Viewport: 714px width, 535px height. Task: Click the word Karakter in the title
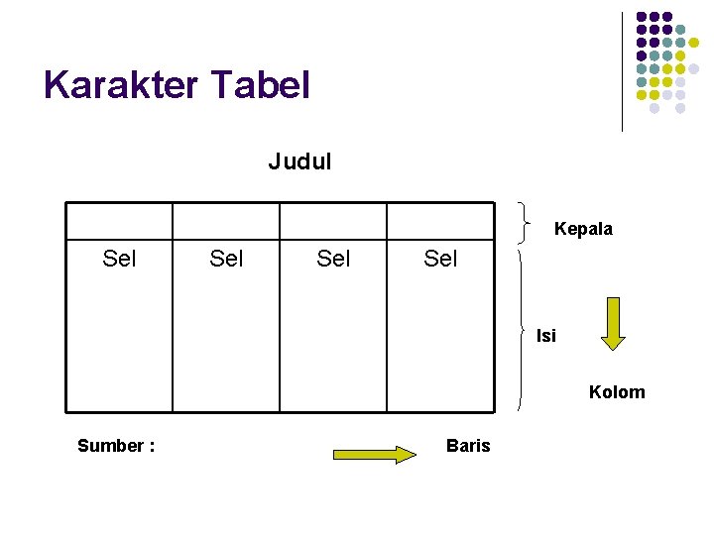point(120,85)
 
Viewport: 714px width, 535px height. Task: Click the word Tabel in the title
point(261,85)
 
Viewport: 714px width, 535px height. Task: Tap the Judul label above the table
point(299,161)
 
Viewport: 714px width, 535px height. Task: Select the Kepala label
point(583,229)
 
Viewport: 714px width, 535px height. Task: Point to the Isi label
point(546,336)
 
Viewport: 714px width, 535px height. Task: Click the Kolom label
point(616,392)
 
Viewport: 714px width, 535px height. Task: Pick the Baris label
point(468,446)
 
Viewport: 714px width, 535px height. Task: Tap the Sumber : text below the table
point(116,446)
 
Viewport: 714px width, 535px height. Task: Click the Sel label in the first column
point(119,260)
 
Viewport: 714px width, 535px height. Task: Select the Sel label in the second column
point(226,260)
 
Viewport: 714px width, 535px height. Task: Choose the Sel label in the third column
point(333,260)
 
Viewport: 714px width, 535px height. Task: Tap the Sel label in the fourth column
point(440,260)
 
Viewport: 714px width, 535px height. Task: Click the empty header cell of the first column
point(119,221)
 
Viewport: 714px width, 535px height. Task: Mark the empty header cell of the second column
point(226,221)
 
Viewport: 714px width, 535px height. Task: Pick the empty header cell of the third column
point(333,221)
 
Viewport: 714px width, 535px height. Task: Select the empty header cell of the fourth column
point(440,221)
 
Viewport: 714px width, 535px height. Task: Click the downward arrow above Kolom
point(613,323)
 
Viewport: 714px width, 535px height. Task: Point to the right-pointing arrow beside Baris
point(376,455)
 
